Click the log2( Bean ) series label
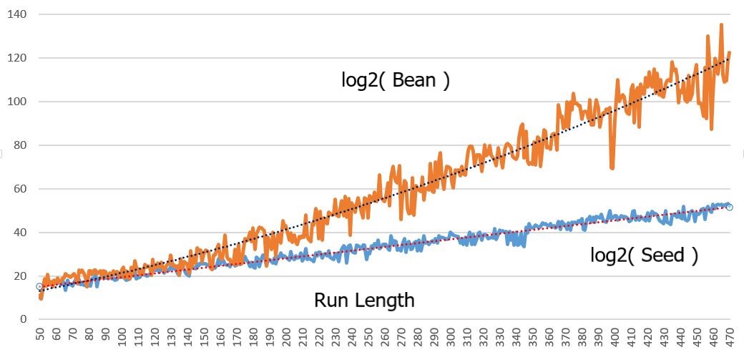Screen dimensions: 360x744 click(x=396, y=80)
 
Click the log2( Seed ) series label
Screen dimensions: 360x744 click(x=644, y=255)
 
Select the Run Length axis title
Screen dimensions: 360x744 click(x=364, y=300)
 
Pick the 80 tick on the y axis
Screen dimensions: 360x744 click(x=16, y=145)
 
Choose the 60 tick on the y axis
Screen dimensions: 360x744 click(x=16, y=189)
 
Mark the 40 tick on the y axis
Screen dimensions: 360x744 click(x=16, y=233)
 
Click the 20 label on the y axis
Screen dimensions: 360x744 click(x=16, y=276)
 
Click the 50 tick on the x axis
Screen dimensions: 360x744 click(x=39, y=336)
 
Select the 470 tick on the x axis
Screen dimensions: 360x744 click(x=730, y=336)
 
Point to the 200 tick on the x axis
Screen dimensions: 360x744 click(x=286, y=336)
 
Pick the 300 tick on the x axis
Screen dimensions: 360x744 click(x=451, y=336)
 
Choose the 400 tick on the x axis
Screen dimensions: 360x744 click(x=615, y=336)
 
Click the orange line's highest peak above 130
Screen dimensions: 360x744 click(x=721, y=24)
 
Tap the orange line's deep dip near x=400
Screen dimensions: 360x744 click(x=612, y=168)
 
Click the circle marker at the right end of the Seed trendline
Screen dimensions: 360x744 click(x=730, y=207)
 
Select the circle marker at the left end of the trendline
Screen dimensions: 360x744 click(x=39, y=286)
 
